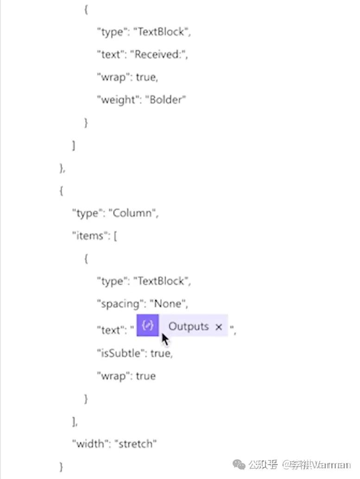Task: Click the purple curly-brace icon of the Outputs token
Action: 148,326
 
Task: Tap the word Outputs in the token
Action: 189,326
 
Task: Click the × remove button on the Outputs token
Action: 219,327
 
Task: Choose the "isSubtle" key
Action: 119,353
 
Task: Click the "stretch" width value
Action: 138,444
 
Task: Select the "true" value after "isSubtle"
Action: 161,353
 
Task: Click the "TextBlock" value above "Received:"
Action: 162,32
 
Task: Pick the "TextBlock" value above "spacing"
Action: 162,281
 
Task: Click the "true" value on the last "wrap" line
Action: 145,376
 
